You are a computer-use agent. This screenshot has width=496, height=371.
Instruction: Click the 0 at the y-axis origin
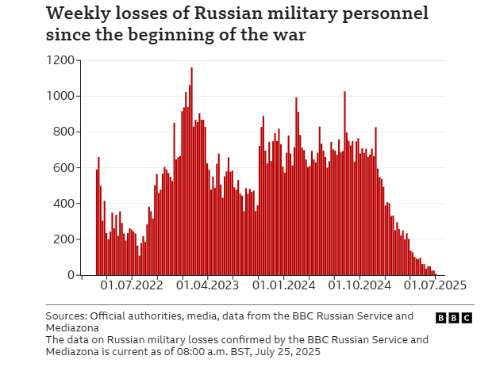pos(72,275)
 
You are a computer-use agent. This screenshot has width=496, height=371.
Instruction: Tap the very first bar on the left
pos(96,222)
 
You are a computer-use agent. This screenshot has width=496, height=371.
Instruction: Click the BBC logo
pos(454,317)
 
